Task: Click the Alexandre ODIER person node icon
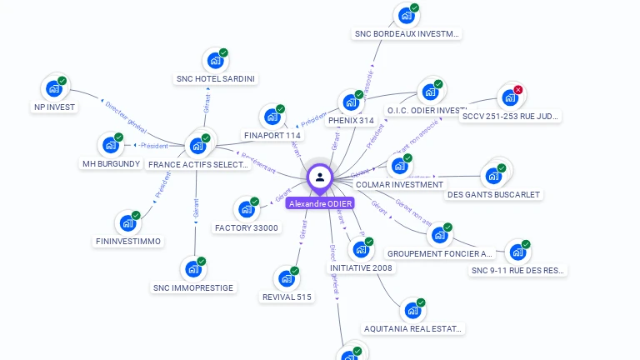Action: [320, 177]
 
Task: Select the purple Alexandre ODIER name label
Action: [320, 203]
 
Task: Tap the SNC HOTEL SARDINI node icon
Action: [215, 60]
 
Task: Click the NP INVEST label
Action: [54, 107]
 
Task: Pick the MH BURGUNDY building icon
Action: [110, 145]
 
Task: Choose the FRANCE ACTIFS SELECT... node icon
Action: [197, 145]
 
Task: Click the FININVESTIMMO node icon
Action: [127, 223]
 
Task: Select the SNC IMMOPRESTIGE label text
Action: [193, 287]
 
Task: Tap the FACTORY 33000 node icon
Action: [247, 209]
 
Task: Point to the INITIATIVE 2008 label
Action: [361, 267]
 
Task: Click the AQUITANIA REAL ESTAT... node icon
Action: [412, 310]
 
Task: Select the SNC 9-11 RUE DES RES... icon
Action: [517, 252]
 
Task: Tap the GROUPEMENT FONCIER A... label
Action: [441, 253]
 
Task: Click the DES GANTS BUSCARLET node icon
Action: [493, 176]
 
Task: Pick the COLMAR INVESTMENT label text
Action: [399, 184]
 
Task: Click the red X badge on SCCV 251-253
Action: [518, 90]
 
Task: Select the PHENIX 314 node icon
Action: [350, 102]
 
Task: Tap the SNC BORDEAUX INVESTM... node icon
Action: [406, 15]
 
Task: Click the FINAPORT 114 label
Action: [272, 135]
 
